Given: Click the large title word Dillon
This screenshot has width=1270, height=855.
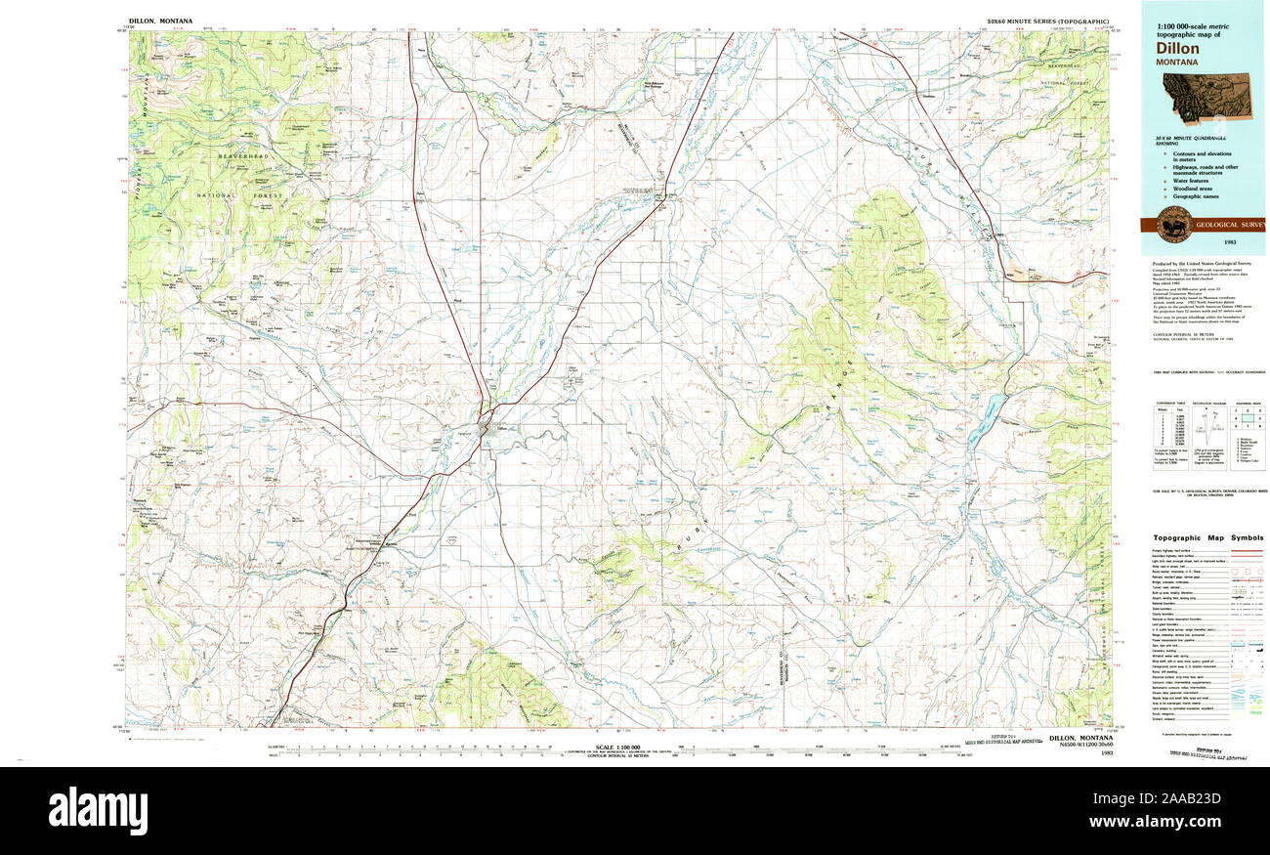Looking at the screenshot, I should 1178,47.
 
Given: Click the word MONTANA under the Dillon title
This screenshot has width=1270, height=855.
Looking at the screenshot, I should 1177,62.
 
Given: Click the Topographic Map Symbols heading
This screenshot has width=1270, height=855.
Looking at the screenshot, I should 1207,537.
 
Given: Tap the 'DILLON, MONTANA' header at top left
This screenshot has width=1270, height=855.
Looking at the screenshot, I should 160,21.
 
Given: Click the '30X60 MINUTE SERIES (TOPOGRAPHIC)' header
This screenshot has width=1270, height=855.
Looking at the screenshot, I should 1047,21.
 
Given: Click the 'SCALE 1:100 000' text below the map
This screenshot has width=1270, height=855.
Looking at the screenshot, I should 617,747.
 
